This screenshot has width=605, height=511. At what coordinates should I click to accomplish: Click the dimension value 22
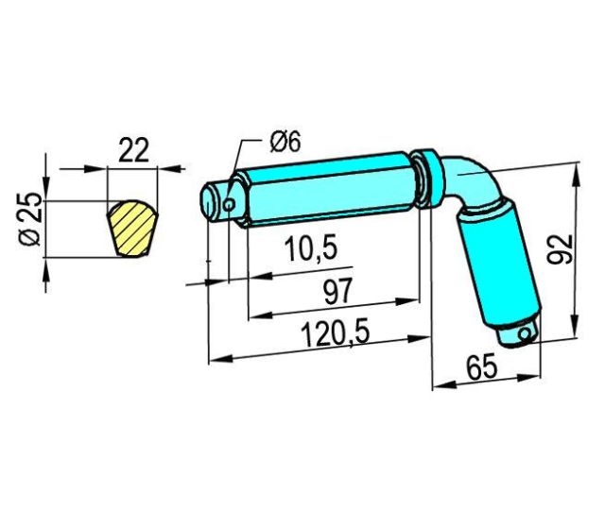click(133, 150)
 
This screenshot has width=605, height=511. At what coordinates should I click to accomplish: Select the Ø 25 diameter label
click(29, 218)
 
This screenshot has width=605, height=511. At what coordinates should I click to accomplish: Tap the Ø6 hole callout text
click(285, 142)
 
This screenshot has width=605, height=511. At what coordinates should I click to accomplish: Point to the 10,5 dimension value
click(311, 249)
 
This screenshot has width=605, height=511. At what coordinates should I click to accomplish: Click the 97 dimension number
click(338, 291)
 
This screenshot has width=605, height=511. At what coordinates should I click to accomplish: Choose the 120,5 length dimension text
click(335, 334)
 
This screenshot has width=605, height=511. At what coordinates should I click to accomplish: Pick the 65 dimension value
click(481, 366)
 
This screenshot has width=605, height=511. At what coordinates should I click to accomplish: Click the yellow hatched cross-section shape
click(132, 229)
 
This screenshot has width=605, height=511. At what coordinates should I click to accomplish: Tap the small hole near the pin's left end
click(230, 204)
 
